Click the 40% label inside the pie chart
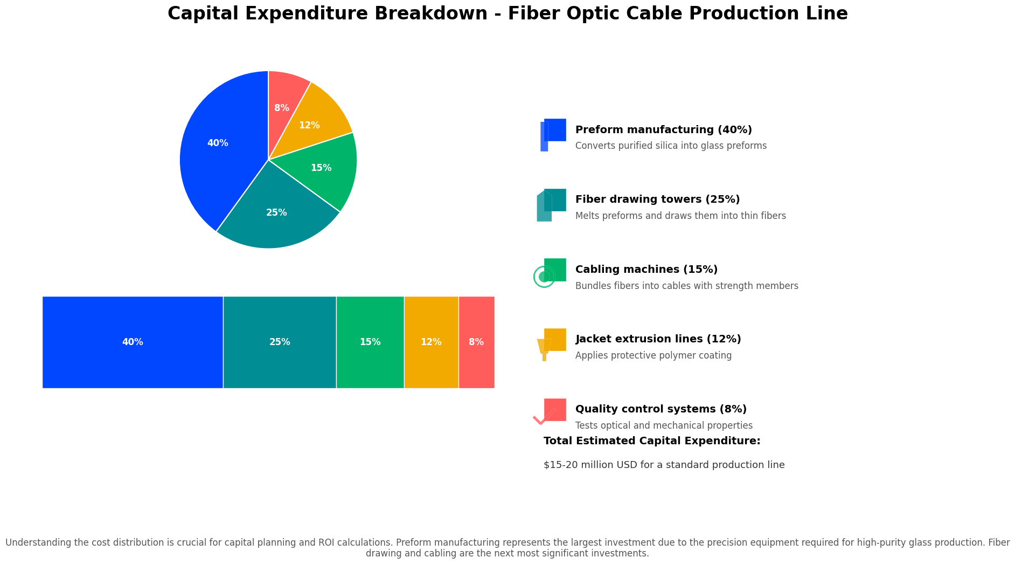[x=218, y=143]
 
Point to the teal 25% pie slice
[x=276, y=218]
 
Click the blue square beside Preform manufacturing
[x=555, y=130]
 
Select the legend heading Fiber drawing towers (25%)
[x=657, y=200]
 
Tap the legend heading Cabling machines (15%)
[x=646, y=270]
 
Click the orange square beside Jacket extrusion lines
[x=555, y=339]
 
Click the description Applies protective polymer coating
[x=653, y=356]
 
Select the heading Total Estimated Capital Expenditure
[x=651, y=441]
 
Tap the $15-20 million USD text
[x=664, y=465]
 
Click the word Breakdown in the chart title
[x=430, y=13]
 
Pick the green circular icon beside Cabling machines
[x=544, y=277]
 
